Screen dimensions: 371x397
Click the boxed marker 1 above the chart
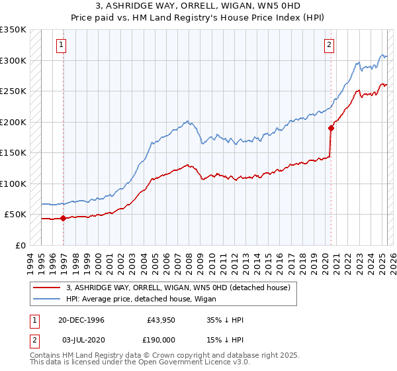click(61, 45)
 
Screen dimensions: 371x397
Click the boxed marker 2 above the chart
click(329, 45)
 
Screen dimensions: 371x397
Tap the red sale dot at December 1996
click(64, 217)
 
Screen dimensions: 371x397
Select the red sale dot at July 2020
click(331, 129)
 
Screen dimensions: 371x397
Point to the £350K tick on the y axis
click(13, 30)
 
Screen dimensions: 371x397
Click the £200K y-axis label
click(13, 122)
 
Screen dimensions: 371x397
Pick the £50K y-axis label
click(15, 214)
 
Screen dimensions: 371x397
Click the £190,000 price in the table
click(161, 339)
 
